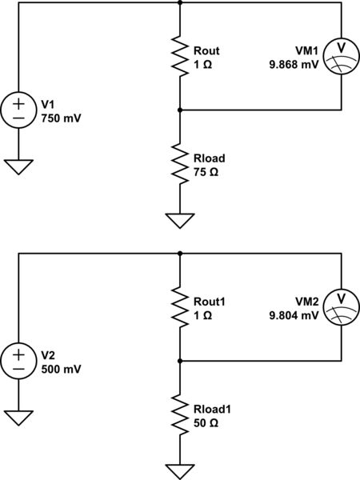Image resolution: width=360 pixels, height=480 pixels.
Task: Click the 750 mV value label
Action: (61, 118)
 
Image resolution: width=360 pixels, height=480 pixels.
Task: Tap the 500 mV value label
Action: (61, 369)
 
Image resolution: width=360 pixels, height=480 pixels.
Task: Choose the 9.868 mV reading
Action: (294, 65)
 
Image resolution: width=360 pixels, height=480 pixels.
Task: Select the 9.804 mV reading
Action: (294, 316)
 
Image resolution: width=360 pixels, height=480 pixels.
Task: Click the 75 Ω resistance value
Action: (205, 170)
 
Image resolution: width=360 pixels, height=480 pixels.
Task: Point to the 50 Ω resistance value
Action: (205, 422)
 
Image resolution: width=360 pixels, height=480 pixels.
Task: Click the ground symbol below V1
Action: (18, 166)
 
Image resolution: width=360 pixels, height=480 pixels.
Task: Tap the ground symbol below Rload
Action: (180, 219)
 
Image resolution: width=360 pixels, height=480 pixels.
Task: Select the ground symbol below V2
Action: (18, 417)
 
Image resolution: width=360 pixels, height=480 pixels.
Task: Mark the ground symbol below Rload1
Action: (180, 470)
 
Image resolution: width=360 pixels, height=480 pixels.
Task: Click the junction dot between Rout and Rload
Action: (180, 109)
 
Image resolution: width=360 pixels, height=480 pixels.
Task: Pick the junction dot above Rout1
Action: (180, 254)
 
